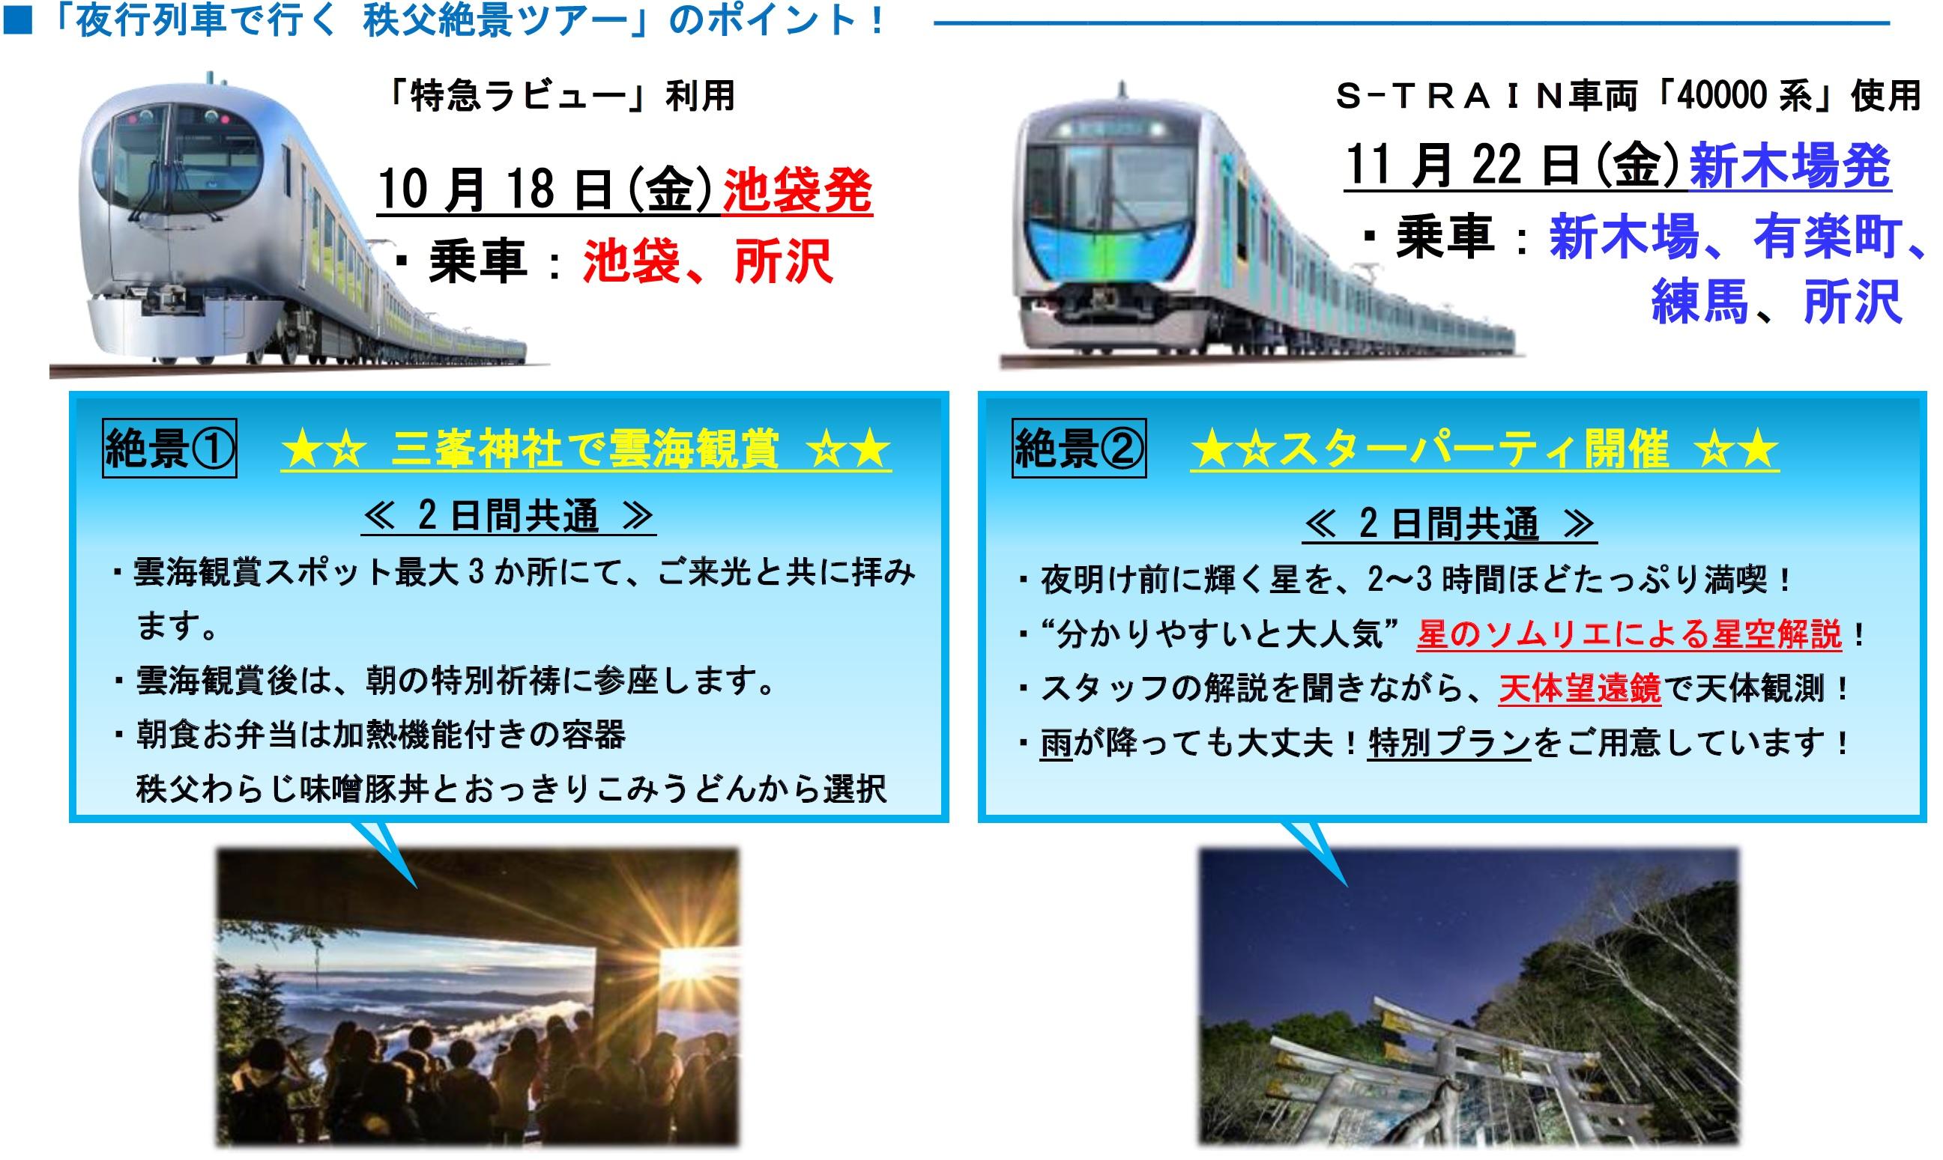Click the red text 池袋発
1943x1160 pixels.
(x=797, y=191)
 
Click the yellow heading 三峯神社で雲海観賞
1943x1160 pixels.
(x=586, y=450)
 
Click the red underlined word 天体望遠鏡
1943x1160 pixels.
(x=1580, y=690)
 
